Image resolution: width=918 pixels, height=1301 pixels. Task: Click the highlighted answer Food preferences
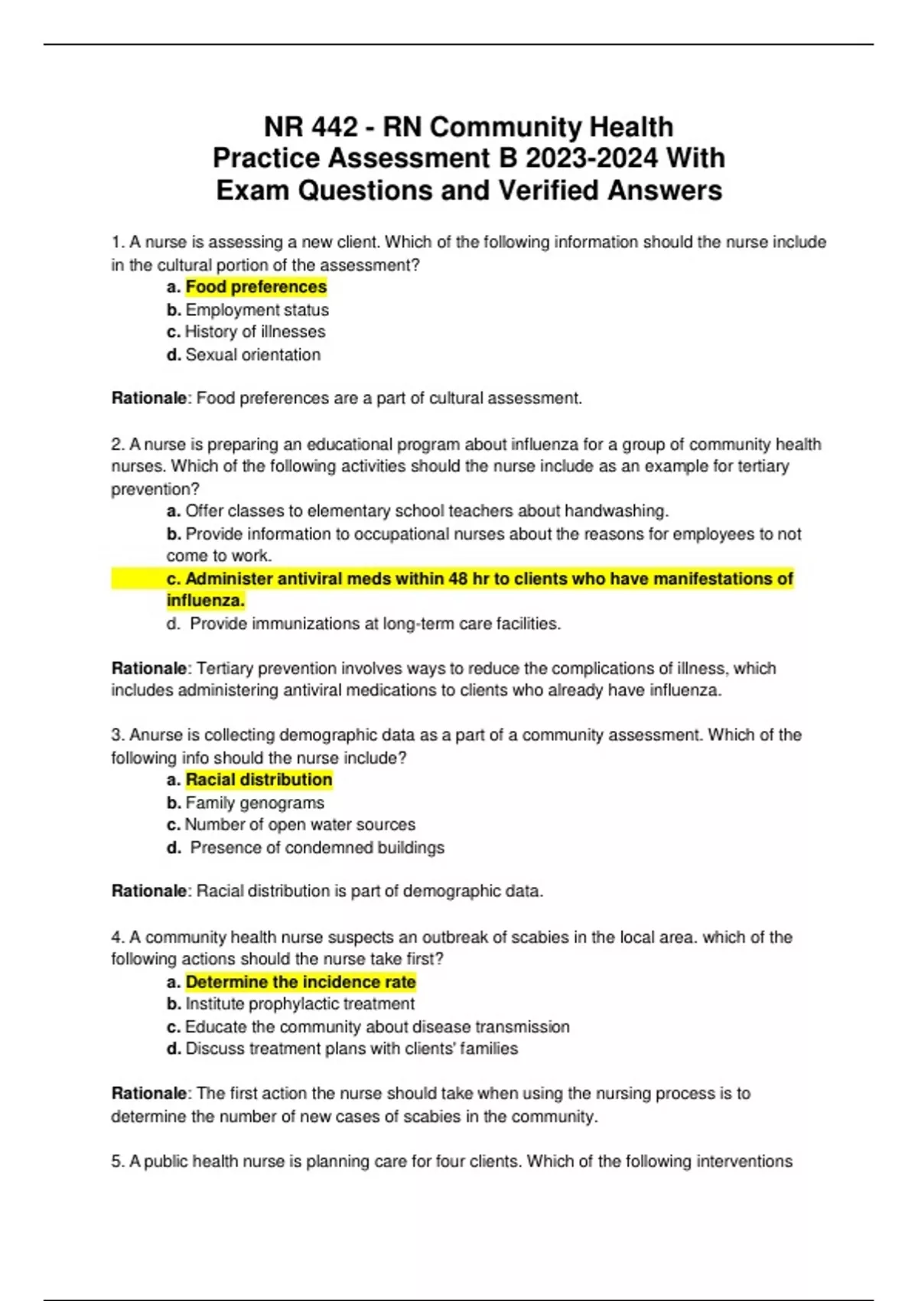[x=256, y=287]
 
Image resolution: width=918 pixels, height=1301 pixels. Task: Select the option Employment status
[x=257, y=310]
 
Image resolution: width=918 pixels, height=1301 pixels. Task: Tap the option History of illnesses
[x=255, y=332]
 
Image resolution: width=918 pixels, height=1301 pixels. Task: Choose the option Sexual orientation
[x=252, y=355]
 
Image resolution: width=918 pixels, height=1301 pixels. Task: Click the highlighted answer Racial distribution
[x=259, y=780]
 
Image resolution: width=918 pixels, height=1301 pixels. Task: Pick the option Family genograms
[x=255, y=803]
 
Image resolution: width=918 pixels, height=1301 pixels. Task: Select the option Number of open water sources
[x=300, y=825]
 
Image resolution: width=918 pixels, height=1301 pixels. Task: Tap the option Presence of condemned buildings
[x=317, y=848]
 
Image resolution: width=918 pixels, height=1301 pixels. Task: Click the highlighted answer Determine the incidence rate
[x=300, y=982]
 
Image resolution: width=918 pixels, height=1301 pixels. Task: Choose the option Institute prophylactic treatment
[x=300, y=1004]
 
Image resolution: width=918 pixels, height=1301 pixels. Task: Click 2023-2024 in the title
[x=591, y=158]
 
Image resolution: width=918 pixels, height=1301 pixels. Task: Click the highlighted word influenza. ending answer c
[x=205, y=601]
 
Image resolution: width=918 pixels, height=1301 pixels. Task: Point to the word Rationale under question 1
[x=149, y=399]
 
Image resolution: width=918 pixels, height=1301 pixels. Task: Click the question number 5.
[x=117, y=1162]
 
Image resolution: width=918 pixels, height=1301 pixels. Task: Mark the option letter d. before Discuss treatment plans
[x=174, y=1049]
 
